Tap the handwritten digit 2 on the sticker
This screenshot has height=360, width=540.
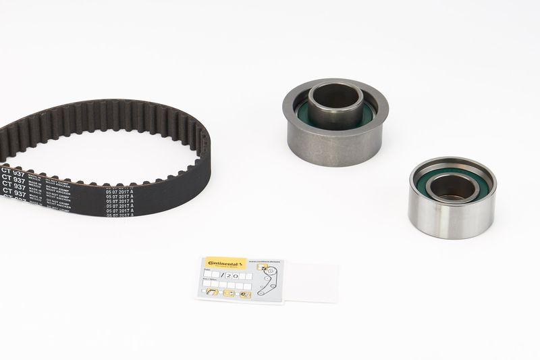click(230, 276)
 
